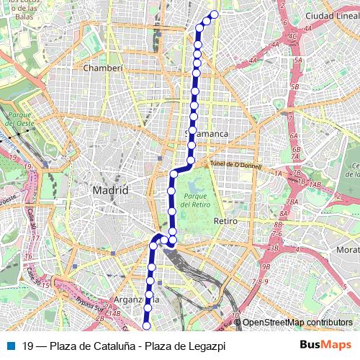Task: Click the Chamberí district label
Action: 104,68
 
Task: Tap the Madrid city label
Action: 110,190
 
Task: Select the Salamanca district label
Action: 207,134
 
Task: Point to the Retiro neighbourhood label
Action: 225,221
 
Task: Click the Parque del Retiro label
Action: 195,200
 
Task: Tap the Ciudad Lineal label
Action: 328,15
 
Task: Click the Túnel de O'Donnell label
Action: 236,164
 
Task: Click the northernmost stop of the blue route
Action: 214,14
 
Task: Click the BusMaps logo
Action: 325,345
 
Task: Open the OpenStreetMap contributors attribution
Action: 297,323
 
